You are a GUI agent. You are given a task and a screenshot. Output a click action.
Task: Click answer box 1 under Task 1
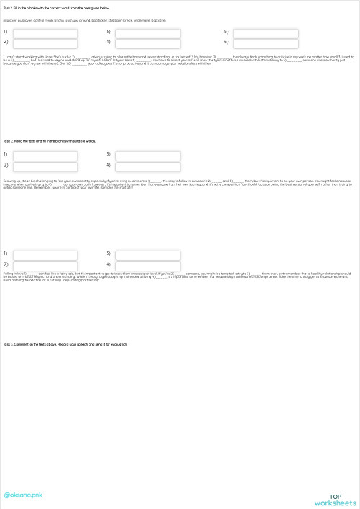click(x=45, y=32)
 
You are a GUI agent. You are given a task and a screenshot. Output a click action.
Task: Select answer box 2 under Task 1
click(x=45, y=42)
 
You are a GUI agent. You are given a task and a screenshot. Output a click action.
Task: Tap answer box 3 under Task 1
click(x=148, y=32)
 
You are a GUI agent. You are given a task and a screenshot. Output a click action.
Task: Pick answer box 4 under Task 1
click(x=148, y=42)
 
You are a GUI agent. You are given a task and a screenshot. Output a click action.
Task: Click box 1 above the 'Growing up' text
click(x=45, y=155)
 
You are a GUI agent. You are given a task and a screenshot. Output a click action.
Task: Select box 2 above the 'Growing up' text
click(x=45, y=166)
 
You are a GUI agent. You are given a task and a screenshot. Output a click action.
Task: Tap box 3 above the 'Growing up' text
click(x=148, y=155)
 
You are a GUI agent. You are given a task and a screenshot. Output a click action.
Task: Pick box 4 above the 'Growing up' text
click(x=148, y=166)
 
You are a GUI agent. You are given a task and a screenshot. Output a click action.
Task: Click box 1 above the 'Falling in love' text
click(x=45, y=254)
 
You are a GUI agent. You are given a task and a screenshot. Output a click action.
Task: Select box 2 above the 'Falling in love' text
click(x=45, y=265)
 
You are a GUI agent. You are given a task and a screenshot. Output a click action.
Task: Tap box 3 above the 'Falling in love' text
click(x=148, y=254)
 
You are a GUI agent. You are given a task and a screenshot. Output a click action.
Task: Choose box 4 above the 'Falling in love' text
click(x=148, y=265)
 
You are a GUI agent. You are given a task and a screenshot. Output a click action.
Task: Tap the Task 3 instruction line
click(x=65, y=345)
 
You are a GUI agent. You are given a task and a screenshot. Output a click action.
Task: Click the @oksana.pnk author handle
click(x=24, y=495)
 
